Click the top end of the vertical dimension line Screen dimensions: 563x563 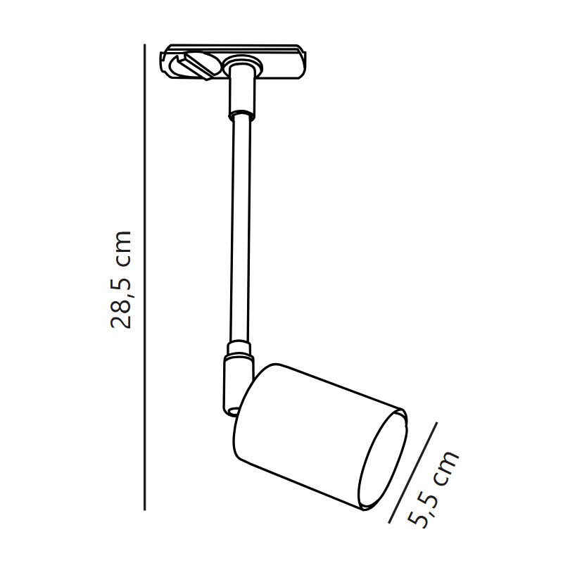(x=144, y=44)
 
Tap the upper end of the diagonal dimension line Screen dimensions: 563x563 (x=437, y=423)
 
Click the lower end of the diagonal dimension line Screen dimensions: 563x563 (x=389, y=522)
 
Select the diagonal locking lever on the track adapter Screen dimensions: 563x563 (x=198, y=65)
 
